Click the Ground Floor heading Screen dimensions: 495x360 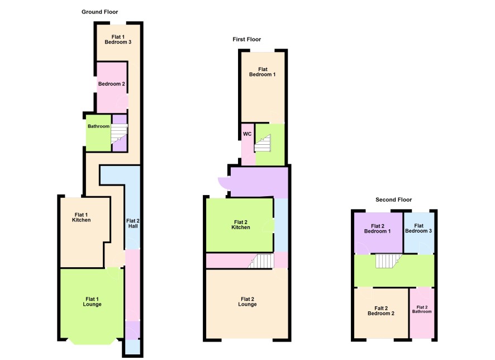point(100,12)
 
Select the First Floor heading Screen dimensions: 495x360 point(247,40)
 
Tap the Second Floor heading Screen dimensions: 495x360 point(394,200)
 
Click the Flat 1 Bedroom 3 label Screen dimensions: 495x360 point(118,40)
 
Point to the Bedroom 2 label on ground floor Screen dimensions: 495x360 point(111,84)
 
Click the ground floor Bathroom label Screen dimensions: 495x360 point(98,126)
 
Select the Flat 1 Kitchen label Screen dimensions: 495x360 point(82,217)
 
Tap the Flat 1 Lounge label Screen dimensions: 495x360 point(92,301)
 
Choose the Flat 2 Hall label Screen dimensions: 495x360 point(133,223)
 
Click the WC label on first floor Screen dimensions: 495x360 point(247,134)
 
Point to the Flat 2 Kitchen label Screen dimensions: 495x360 point(241,225)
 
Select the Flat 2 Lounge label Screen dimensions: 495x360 point(247,301)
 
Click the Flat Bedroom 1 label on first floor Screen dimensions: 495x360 point(263,72)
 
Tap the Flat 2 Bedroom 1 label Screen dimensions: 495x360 point(378,228)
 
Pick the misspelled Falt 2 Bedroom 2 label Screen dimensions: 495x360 point(381,311)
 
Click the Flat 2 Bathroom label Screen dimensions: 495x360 point(422,309)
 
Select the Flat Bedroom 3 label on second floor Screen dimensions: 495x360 point(418,228)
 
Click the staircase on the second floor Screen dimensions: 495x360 point(389,261)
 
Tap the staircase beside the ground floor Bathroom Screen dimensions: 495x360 point(119,134)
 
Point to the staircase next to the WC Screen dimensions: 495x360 point(263,143)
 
